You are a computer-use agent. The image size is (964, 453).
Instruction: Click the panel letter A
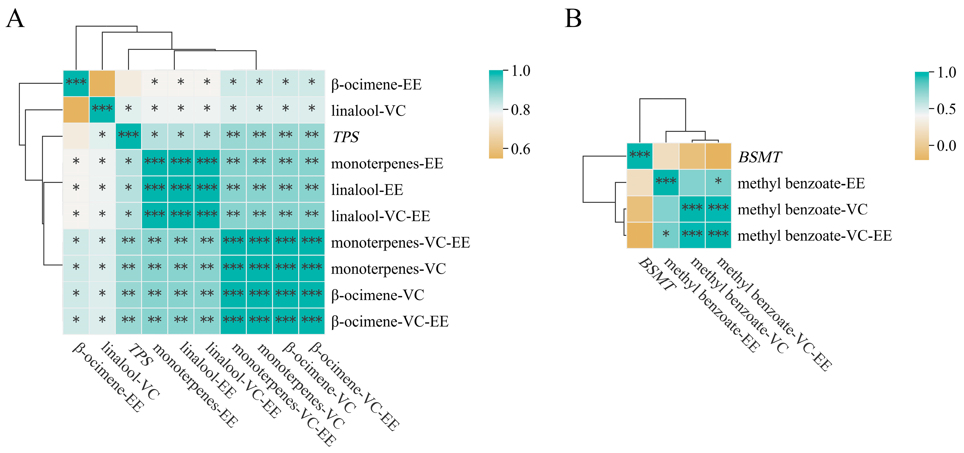point(15,19)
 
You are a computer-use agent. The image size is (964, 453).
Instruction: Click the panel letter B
point(573,19)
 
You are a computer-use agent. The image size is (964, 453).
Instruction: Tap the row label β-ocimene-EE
point(376,84)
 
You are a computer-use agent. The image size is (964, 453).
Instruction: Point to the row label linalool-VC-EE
point(381,216)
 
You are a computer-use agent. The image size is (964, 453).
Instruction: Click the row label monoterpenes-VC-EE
point(400,243)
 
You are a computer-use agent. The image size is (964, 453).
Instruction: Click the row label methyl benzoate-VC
point(802,209)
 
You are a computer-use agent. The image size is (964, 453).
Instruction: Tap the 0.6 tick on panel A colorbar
point(520,149)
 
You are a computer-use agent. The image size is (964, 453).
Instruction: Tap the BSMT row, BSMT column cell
point(640,156)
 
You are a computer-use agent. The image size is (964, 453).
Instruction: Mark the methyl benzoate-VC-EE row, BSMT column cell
point(640,235)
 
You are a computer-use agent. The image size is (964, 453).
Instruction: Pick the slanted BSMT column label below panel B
point(657,274)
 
